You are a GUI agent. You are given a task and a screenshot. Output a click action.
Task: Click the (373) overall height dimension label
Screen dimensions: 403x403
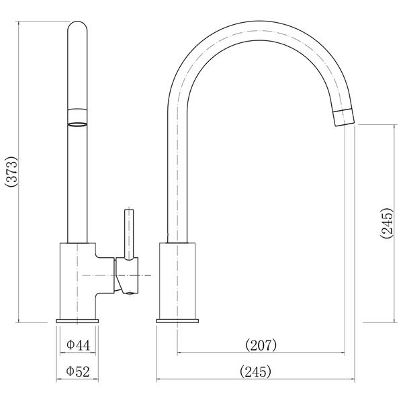coord(12,172)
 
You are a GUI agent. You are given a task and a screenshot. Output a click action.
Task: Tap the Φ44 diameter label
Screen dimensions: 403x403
coord(79,345)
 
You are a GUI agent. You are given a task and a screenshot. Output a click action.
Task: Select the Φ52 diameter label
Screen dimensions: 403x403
coord(78,371)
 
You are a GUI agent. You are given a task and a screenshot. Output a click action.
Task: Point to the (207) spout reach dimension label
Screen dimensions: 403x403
coord(261,345)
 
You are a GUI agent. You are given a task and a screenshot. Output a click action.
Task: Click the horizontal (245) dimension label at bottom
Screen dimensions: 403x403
coord(255,371)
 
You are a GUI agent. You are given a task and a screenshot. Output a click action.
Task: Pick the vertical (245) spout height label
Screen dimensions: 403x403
coord(387,223)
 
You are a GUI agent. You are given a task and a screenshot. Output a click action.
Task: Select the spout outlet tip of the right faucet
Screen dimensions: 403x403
coord(344,118)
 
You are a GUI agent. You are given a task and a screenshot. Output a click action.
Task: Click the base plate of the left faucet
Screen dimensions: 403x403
coord(77,321)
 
